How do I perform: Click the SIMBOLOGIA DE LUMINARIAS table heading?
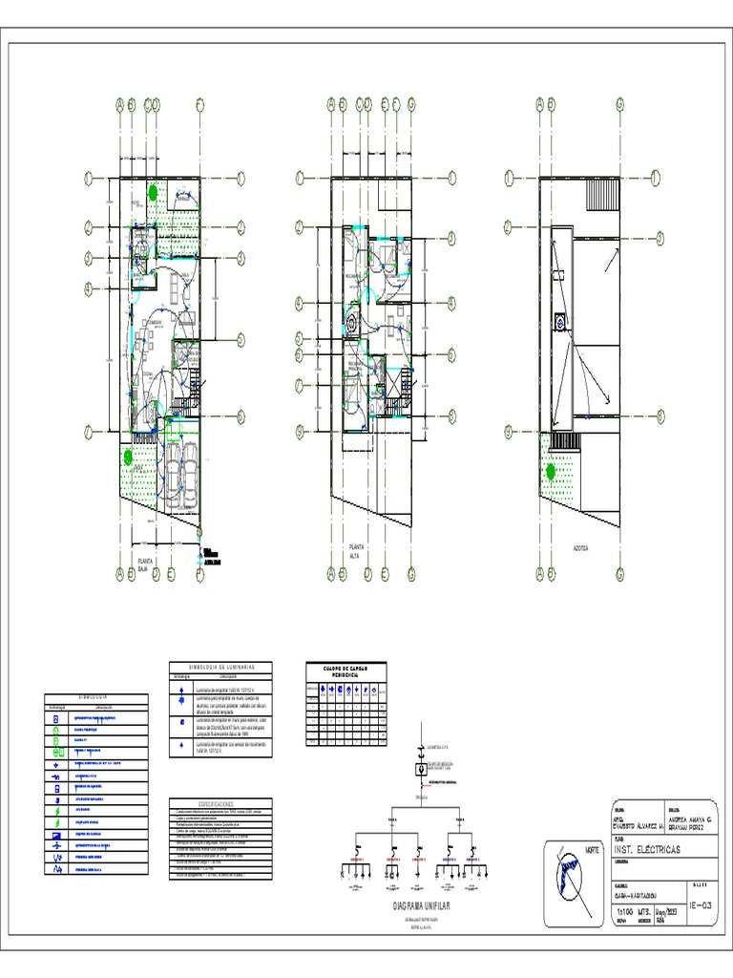point(220,667)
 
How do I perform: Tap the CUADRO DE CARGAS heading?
point(344,670)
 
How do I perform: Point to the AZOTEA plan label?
point(580,549)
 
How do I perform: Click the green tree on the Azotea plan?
point(550,470)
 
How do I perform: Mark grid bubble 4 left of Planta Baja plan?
point(88,288)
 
